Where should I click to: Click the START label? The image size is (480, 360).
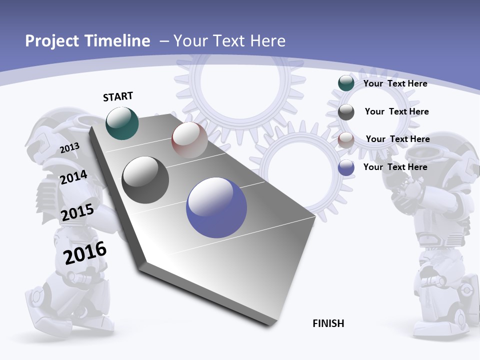click(x=118, y=96)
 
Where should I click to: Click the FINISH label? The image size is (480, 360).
click(x=328, y=323)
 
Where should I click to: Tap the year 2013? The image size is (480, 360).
click(x=69, y=148)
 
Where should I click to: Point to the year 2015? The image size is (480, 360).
click(x=77, y=212)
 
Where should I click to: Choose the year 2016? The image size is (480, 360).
click(x=85, y=253)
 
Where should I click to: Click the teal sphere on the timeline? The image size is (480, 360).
click(x=122, y=123)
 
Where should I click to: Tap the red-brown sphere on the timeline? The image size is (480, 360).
click(x=189, y=139)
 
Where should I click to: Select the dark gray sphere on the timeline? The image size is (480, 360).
click(x=145, y=179)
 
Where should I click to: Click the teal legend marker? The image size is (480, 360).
click(x=346, y=83)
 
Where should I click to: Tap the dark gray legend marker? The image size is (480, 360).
click(x=346, y=112)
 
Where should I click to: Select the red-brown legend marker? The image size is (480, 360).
click(x=346, y=140)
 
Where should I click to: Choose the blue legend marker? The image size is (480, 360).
click(x=346, y=167)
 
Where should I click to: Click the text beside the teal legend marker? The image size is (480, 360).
click(x=395, y=83)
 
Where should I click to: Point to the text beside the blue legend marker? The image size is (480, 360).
click(x=395, y=167)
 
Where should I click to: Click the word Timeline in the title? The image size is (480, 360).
click(x=117, y=41)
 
